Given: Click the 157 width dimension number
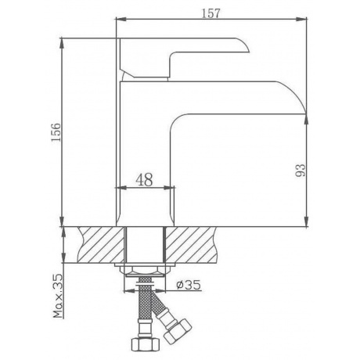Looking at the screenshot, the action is [x=211, y=13].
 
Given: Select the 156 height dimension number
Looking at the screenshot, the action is [x=56, y=132].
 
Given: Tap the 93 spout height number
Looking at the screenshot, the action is [x=300, y=170].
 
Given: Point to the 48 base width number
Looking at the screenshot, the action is [x=144, y=179].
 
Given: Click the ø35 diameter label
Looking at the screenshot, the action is [x=189, y=285].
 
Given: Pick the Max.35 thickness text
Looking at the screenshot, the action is [x=59, y=296].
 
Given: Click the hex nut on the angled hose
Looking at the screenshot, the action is [x=178, y=331].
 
